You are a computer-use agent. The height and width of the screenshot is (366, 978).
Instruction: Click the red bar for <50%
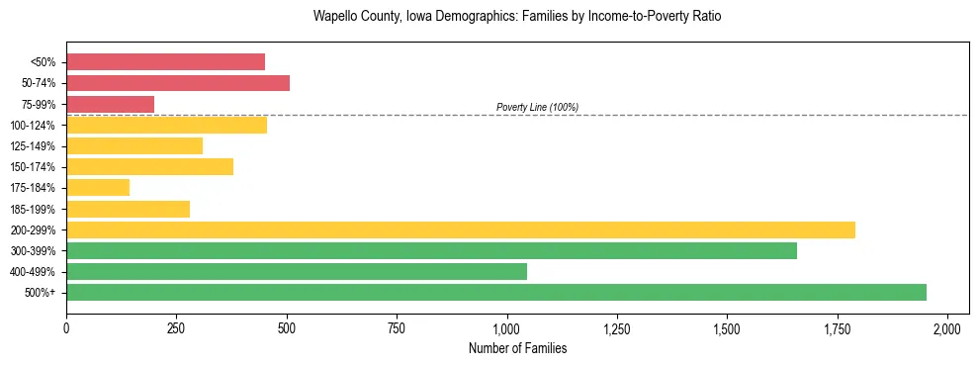click(x=165, y=61)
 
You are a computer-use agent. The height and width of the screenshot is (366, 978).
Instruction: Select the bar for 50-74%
click(x=178, y=83)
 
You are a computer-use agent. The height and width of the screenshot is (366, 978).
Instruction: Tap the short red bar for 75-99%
click(x=110, y=104)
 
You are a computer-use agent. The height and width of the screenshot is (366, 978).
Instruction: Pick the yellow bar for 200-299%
click(x=460, y=229)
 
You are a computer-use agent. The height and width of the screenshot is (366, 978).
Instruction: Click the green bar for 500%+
click(x=495, y=292)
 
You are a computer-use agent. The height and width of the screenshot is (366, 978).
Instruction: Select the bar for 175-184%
click(x=98, y=187)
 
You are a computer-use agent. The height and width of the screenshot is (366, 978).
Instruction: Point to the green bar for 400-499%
click(x=296, y=271)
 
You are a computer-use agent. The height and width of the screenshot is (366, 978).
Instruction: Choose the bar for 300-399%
click(x=431, y=250)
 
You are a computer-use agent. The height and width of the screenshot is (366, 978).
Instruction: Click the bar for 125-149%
click(x=134, y=145)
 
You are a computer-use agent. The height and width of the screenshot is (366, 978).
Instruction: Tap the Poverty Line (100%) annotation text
click(x=537, y=107)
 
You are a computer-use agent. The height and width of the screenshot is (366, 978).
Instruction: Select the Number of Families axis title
click(x=517, y=348)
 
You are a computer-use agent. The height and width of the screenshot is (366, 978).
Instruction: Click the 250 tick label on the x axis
click(x=176, y=327)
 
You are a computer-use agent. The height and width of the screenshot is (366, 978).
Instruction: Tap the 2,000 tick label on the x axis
click(x=947, y=327)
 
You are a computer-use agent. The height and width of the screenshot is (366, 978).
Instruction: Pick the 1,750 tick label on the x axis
click(x=837, y=327)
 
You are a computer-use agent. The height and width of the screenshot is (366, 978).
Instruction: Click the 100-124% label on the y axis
click(x=33, y=126)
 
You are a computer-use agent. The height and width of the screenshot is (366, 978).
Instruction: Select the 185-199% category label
click(x=33, y=209)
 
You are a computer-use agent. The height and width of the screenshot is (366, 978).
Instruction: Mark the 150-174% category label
click(x=33, y=167)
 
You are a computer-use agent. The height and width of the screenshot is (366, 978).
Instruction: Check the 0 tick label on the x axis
click(x=66, y=327)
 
